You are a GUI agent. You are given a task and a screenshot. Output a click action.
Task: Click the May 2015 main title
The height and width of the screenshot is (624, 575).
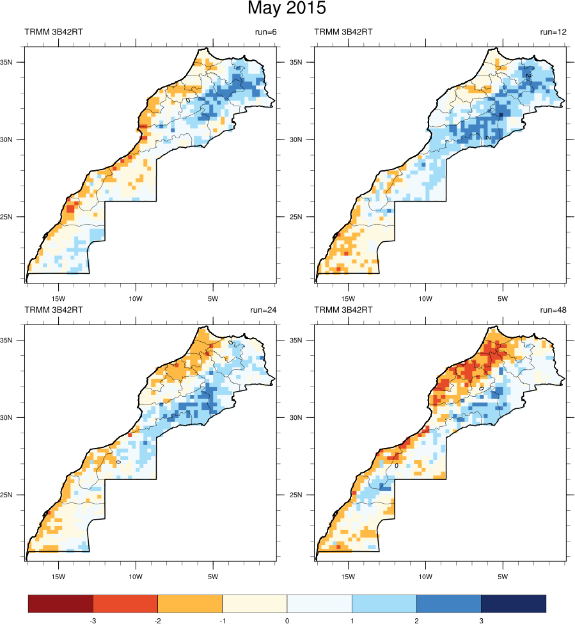287,9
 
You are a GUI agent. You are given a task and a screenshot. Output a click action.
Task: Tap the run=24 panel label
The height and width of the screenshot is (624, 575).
264,310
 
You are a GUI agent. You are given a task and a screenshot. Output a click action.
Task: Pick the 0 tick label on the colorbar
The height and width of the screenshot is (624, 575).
287,620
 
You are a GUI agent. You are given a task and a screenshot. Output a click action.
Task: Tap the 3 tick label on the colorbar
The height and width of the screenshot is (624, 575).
481,620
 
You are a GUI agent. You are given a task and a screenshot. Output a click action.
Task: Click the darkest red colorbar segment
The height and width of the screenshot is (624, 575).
61,604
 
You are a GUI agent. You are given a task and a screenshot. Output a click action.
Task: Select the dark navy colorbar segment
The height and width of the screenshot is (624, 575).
514,604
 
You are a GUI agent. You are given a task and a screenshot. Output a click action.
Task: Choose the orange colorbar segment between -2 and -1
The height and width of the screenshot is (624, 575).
190,604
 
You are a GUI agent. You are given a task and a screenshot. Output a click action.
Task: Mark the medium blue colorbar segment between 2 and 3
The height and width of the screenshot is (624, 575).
448,604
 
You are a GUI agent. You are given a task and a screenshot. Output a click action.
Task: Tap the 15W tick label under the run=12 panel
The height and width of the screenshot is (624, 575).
348,298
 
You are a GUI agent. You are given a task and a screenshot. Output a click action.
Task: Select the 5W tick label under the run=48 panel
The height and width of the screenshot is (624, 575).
502,577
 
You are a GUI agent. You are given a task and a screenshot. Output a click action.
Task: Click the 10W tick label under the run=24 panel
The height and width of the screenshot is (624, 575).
136,577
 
